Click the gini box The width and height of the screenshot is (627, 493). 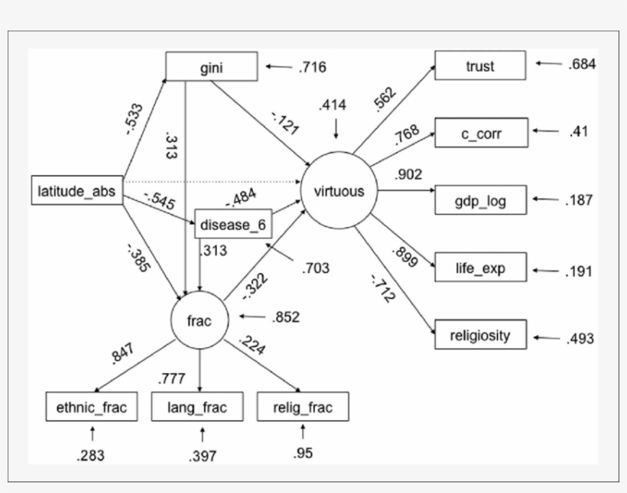tap(211, 67)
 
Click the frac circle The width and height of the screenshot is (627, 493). tap(200, 321)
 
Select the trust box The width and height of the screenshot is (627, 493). tap(480, 66)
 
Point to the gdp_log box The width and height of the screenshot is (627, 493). tap(480, 201)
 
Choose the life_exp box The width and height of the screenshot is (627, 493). tap(480, 268)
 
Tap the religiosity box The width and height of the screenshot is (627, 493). tap(480, 336)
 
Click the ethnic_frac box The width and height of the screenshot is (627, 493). tap(91, 407)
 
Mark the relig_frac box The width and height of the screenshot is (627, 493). tap(304, 407)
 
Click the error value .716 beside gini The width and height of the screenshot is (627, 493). tap(312, 67)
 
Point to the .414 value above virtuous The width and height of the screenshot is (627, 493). tap(333, 105)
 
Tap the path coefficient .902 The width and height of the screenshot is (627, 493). tap(408, 174)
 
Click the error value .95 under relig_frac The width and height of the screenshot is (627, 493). tap(303, 453)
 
